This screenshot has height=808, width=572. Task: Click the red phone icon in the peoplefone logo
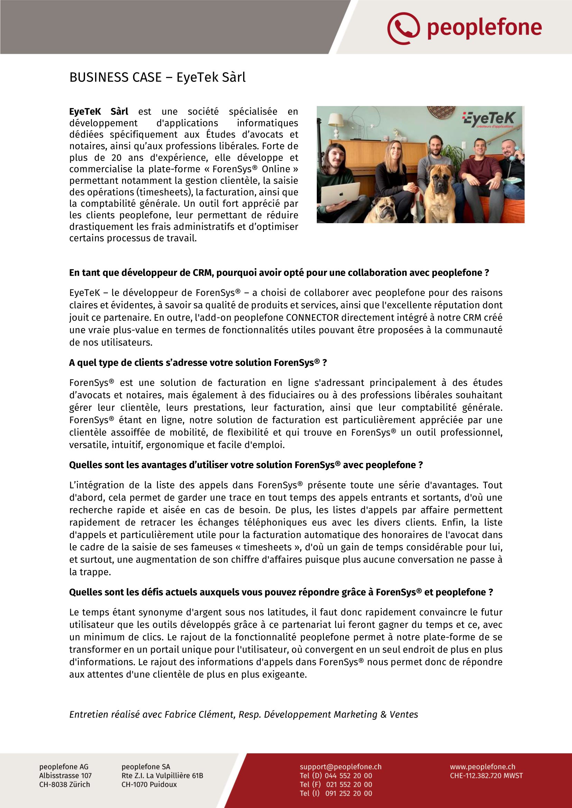(x=403, y=28)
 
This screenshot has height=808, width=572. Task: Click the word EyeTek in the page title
(x=194, y=77)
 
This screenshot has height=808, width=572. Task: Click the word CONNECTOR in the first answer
(x=312, y=318)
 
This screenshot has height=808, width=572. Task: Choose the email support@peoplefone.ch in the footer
(x=341, y=767)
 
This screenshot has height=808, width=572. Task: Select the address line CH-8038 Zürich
(x=64, y=785)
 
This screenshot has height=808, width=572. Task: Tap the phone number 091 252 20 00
(x=349, y=793)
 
